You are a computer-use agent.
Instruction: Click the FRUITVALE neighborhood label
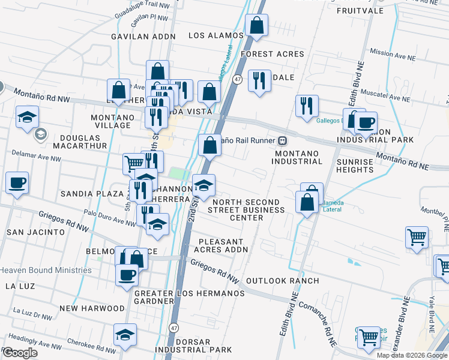click(360, 11)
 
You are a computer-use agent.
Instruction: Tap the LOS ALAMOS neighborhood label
click(216, 35)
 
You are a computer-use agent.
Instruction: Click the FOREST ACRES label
click(273, 54)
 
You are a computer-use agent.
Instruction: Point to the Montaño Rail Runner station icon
click(282, 141)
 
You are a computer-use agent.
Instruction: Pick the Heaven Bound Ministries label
click(46, 270)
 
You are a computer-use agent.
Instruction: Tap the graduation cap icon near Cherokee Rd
click(125, 335)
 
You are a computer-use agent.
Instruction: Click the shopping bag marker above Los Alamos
click(256, 26)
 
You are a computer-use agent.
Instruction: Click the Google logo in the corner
click(20, 353)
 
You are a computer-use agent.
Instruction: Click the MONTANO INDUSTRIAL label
click(298, 157)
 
